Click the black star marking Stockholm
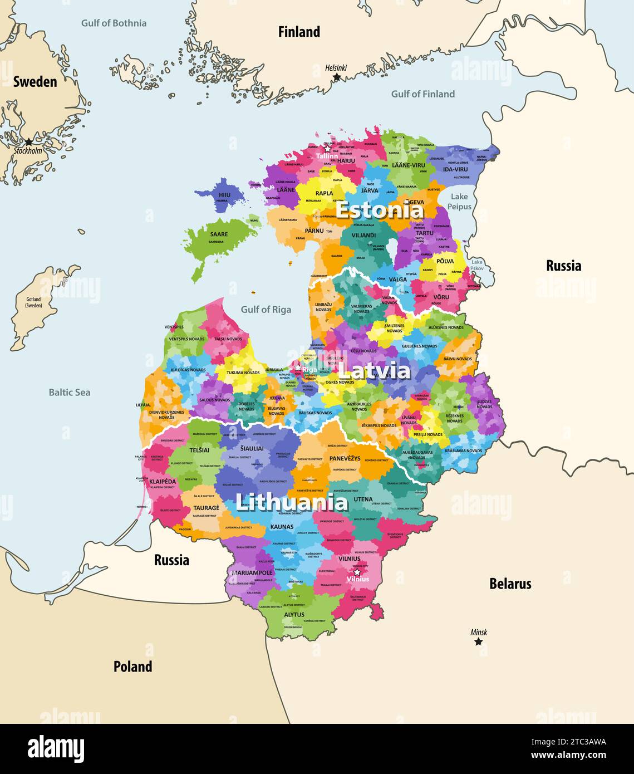(29, 142)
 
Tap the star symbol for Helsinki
(336, 77)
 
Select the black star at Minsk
(478, 641)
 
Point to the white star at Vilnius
(357, 572)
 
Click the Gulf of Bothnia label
(114, 23)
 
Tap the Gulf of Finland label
(422, 94)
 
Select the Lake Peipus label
(460, 201)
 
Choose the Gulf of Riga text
(266, 310)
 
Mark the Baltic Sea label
(69, 392)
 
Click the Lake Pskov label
(477, 265)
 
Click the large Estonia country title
(380, 210)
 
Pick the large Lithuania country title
(292, 502)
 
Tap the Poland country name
(132, 667)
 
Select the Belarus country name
(510, 584)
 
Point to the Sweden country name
(35, 82)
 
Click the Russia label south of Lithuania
(171, 560)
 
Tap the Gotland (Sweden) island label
(33, 302)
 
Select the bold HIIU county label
(224, 195)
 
